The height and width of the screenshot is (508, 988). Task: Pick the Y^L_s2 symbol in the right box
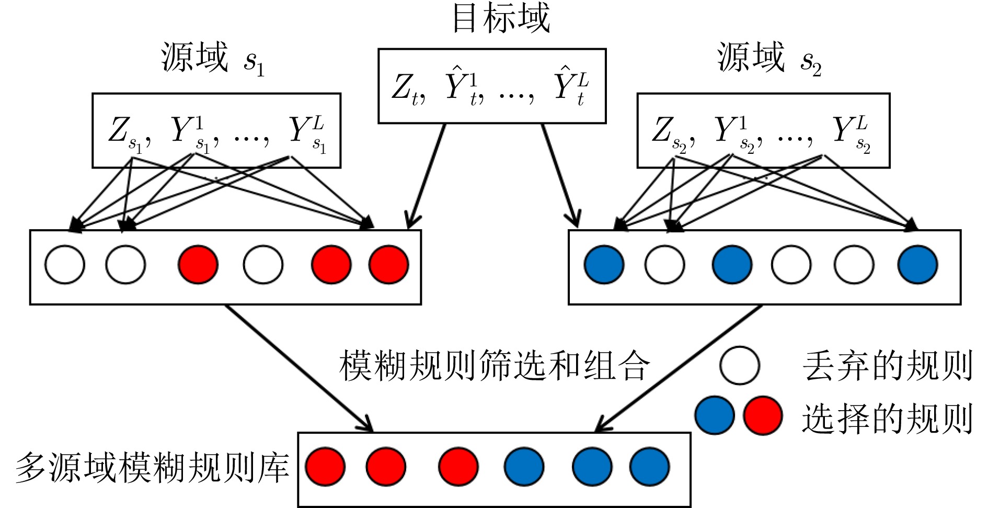coord(852,134)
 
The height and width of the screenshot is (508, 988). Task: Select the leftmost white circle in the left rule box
coord(65,265)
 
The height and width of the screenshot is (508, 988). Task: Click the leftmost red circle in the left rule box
coord(198,265)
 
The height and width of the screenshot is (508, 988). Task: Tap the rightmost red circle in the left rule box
coord(388,265)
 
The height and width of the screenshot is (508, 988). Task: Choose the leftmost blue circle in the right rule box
coord(604,265)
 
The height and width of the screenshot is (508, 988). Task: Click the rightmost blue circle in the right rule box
coord(917,265)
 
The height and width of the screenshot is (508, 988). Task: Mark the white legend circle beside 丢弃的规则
coord(739,365)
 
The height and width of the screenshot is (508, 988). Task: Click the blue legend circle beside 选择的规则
coord(715,415)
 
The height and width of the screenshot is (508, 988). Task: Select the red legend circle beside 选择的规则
coord(763,415)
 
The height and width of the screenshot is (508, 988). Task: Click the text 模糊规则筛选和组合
coord(495,365)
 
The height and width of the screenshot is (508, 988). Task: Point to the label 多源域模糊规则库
coord(152,467)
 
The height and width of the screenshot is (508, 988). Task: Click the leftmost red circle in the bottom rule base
coord(325,467)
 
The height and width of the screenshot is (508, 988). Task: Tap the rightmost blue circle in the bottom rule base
coord(649,467)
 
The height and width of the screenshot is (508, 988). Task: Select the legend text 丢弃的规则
coord(888,366)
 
